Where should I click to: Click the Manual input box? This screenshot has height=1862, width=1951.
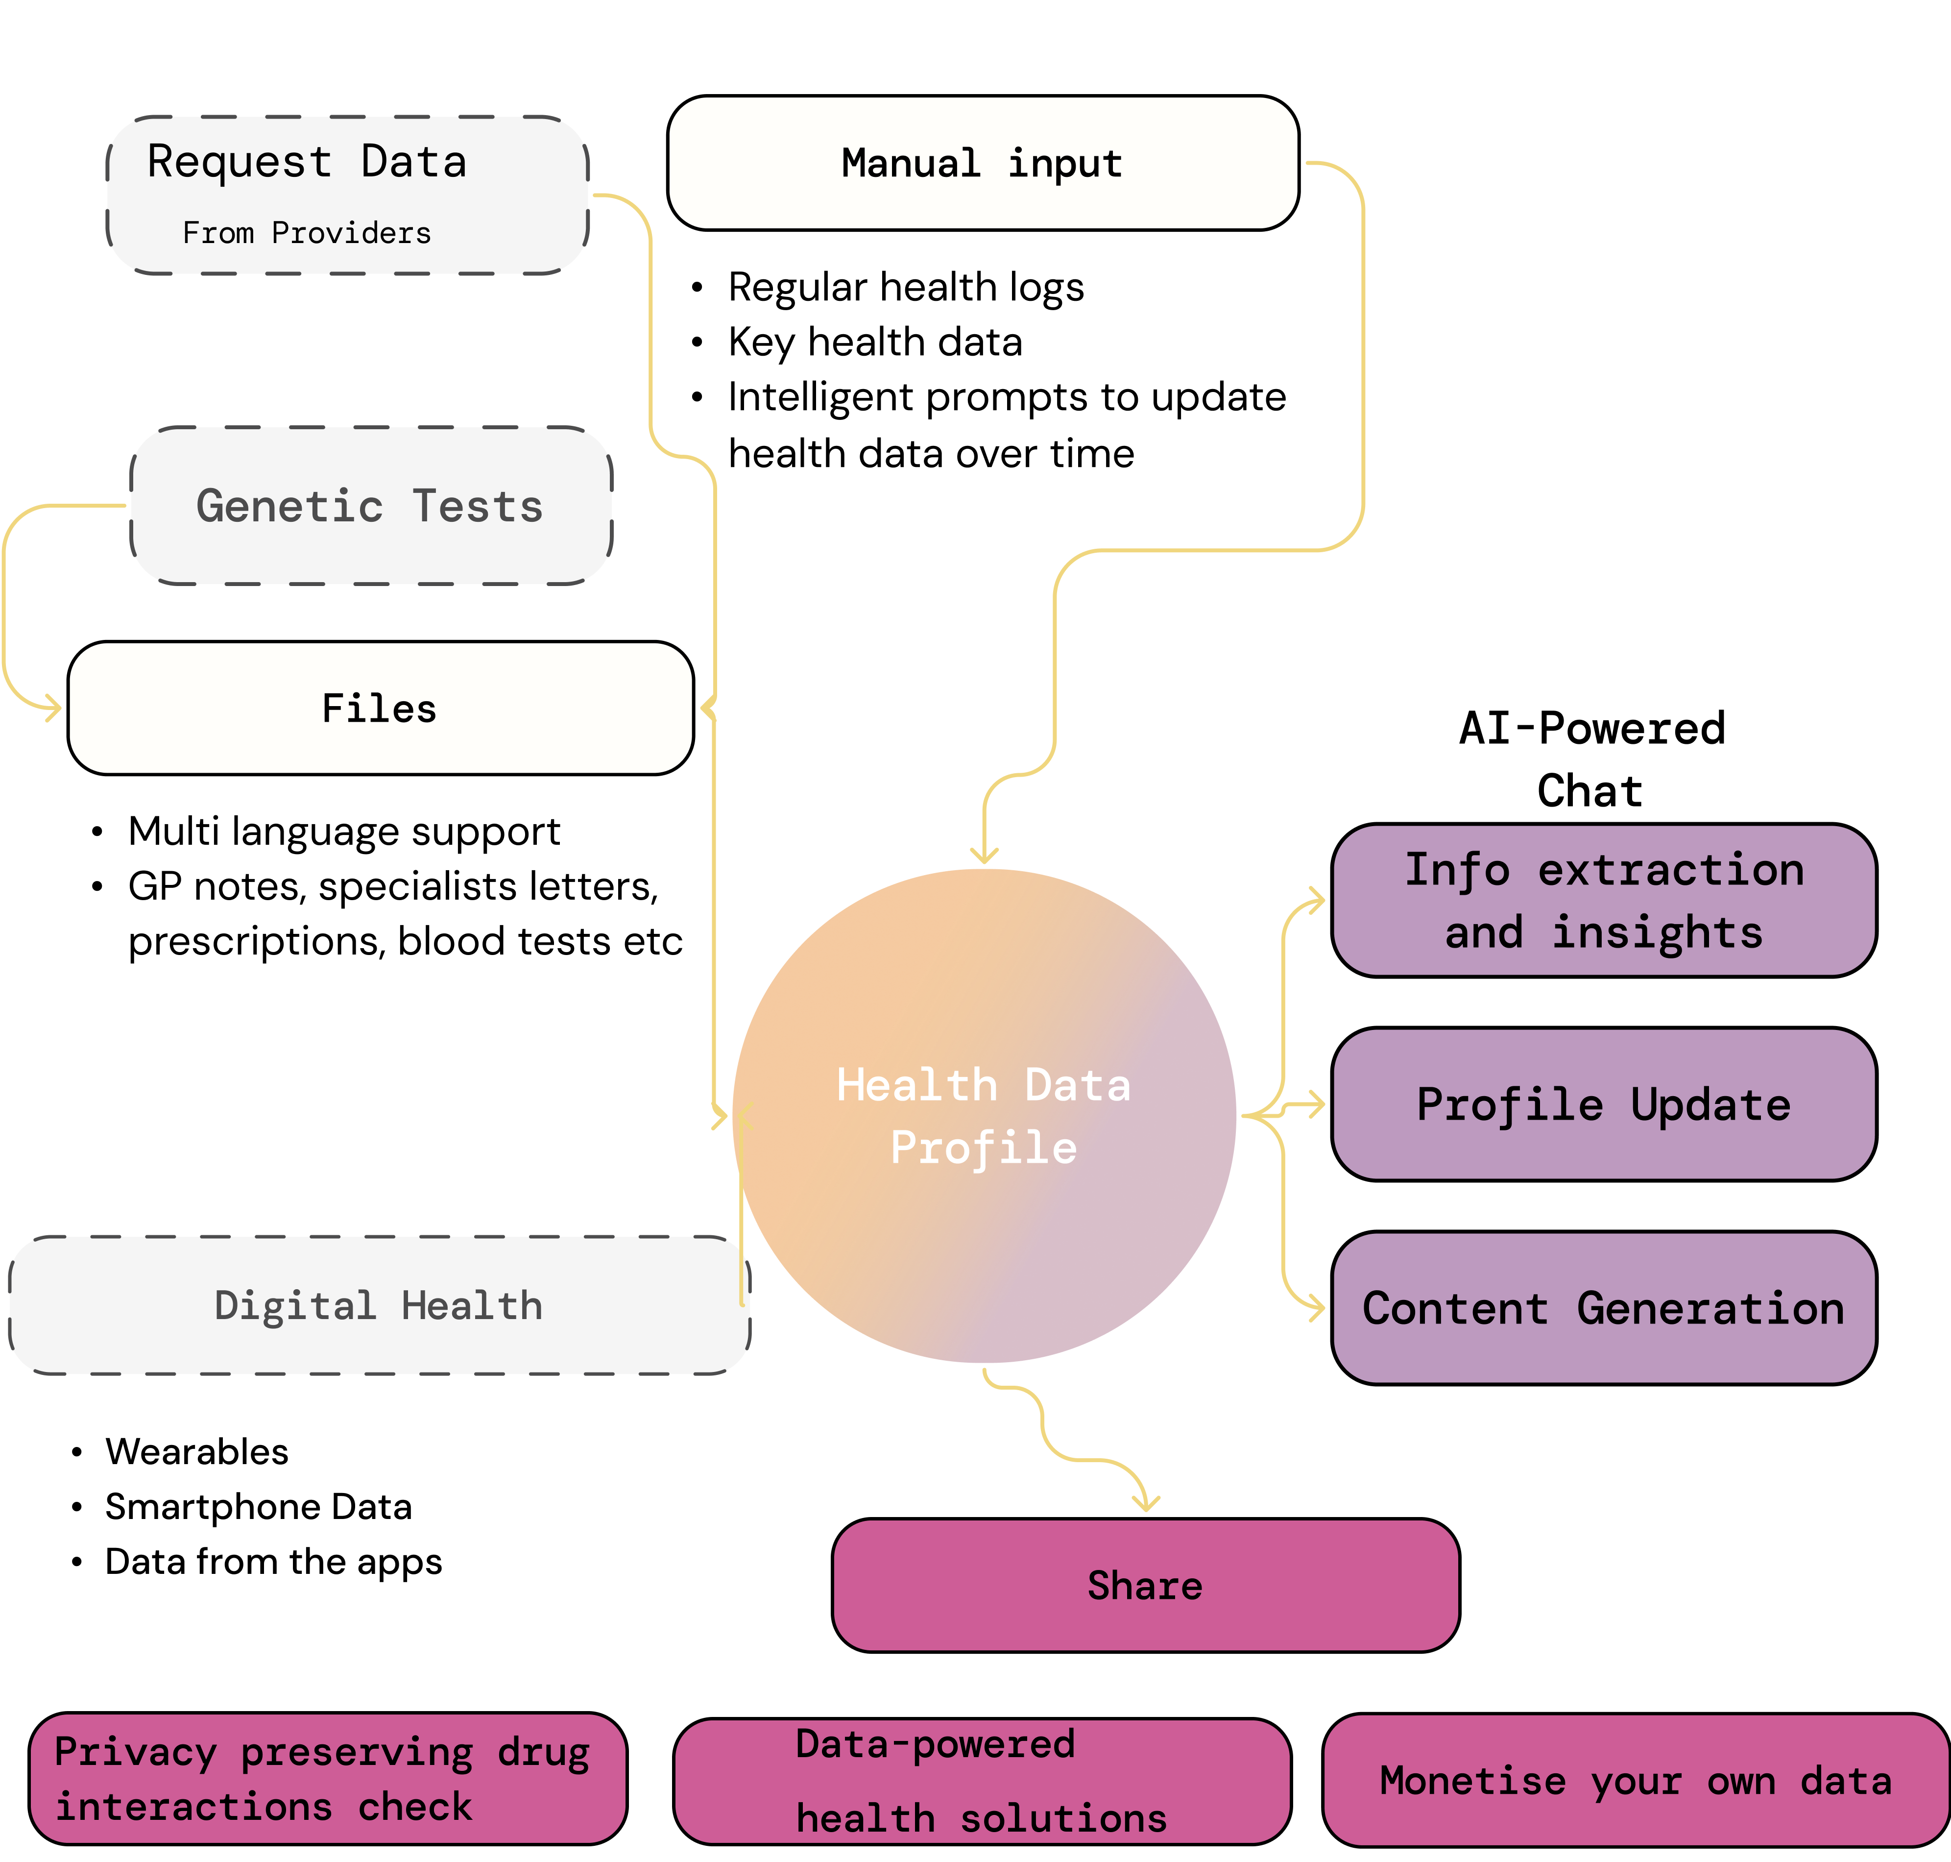tap(983, 163)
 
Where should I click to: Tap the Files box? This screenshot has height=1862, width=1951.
tap(380, 708)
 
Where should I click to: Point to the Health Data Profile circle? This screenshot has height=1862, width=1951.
tap(984, 1116)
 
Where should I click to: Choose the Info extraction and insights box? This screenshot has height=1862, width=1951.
tap(1604, 900)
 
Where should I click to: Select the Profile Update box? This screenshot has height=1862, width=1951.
tap(1604, 1103)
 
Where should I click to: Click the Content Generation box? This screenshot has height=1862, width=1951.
tap(1604, 1308)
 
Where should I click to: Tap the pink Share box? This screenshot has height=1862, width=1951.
tap(1145, 1585)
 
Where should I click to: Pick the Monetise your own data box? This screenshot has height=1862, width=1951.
tap(1636, 1781)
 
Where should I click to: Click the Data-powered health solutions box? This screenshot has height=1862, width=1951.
tap(982, 1782)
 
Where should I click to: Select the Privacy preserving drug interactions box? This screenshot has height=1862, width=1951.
tap(328, 1779)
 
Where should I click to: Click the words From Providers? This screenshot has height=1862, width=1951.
tap(307, 233)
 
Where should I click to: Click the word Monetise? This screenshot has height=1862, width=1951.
tap(1472, 1782)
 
